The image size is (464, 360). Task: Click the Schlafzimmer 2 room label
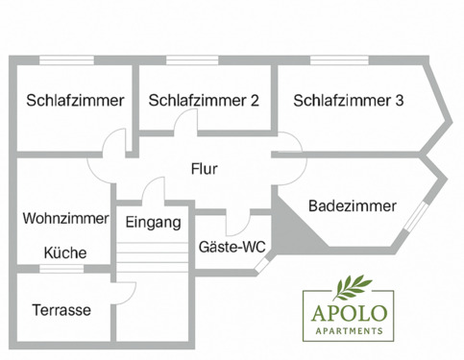pos(203,100)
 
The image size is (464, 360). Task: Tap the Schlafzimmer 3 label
pos(349,100)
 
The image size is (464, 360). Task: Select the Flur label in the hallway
pos(204,170)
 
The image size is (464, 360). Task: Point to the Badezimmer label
pos(353,205)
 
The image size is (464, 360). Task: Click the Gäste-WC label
pos(232,247)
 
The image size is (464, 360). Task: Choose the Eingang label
pos(153,223)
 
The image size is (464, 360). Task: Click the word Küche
pos(64,253)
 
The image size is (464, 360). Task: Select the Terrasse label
pos(61,310)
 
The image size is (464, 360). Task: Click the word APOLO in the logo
pos(346,313)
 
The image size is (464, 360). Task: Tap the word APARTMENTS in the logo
pos(346,330)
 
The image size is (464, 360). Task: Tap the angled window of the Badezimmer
pos(414,217)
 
